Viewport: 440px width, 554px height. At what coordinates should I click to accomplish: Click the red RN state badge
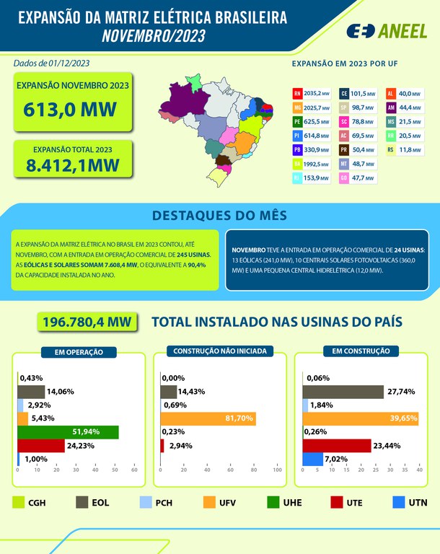coord(297,94)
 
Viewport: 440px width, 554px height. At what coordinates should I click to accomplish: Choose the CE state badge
coord(344,94)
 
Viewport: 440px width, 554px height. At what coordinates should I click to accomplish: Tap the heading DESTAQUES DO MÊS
coord(219,216)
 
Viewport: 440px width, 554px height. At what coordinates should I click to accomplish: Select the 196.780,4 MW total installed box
coord(87,322)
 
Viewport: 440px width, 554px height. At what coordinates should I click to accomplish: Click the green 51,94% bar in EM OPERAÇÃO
coord(68,432)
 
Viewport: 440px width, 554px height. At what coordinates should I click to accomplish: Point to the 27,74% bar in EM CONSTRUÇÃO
coord(343,392)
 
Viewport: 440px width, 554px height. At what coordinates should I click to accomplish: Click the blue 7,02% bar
coord(313,459)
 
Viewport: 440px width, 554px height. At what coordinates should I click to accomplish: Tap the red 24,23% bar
coord(40,446)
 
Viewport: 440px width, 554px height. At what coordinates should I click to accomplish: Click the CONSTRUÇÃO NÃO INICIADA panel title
coord(220,351)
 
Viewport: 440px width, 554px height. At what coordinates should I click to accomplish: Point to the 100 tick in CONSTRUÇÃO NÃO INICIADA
coord(278,470)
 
